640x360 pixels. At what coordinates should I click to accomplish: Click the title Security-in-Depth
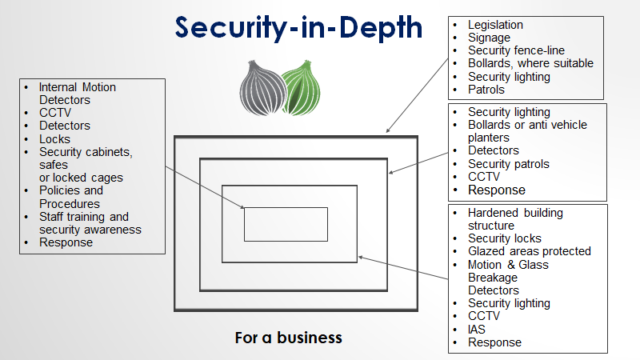[x=299, y=27]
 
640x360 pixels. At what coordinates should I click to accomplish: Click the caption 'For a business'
[x=288, y=338]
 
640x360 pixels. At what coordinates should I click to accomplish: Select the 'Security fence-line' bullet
[x=516, y=50]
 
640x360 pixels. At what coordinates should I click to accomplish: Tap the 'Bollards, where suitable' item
[x=530, y=63]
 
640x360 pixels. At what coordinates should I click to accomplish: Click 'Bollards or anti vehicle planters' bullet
[x=527, y=131]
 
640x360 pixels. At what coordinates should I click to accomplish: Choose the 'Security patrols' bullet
[x=508, y=164]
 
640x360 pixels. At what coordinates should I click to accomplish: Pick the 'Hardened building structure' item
[x=515, y=219]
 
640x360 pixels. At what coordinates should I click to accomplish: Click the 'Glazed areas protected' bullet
[x=529, y=251]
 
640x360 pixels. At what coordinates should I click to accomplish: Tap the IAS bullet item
[x=477, y=329]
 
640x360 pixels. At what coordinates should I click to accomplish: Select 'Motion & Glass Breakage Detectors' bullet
[x=508, y=277]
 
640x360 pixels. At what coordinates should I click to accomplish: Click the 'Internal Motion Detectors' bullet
[x=76, y=94]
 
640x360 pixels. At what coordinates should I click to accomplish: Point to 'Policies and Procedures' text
[x=71, y=197]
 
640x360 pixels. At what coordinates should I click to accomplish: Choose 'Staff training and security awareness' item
[x=90, y=223]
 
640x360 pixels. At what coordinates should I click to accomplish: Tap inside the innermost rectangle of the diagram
[x=286, y=224]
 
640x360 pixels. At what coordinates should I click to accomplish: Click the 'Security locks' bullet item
[x=504, y=238]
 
